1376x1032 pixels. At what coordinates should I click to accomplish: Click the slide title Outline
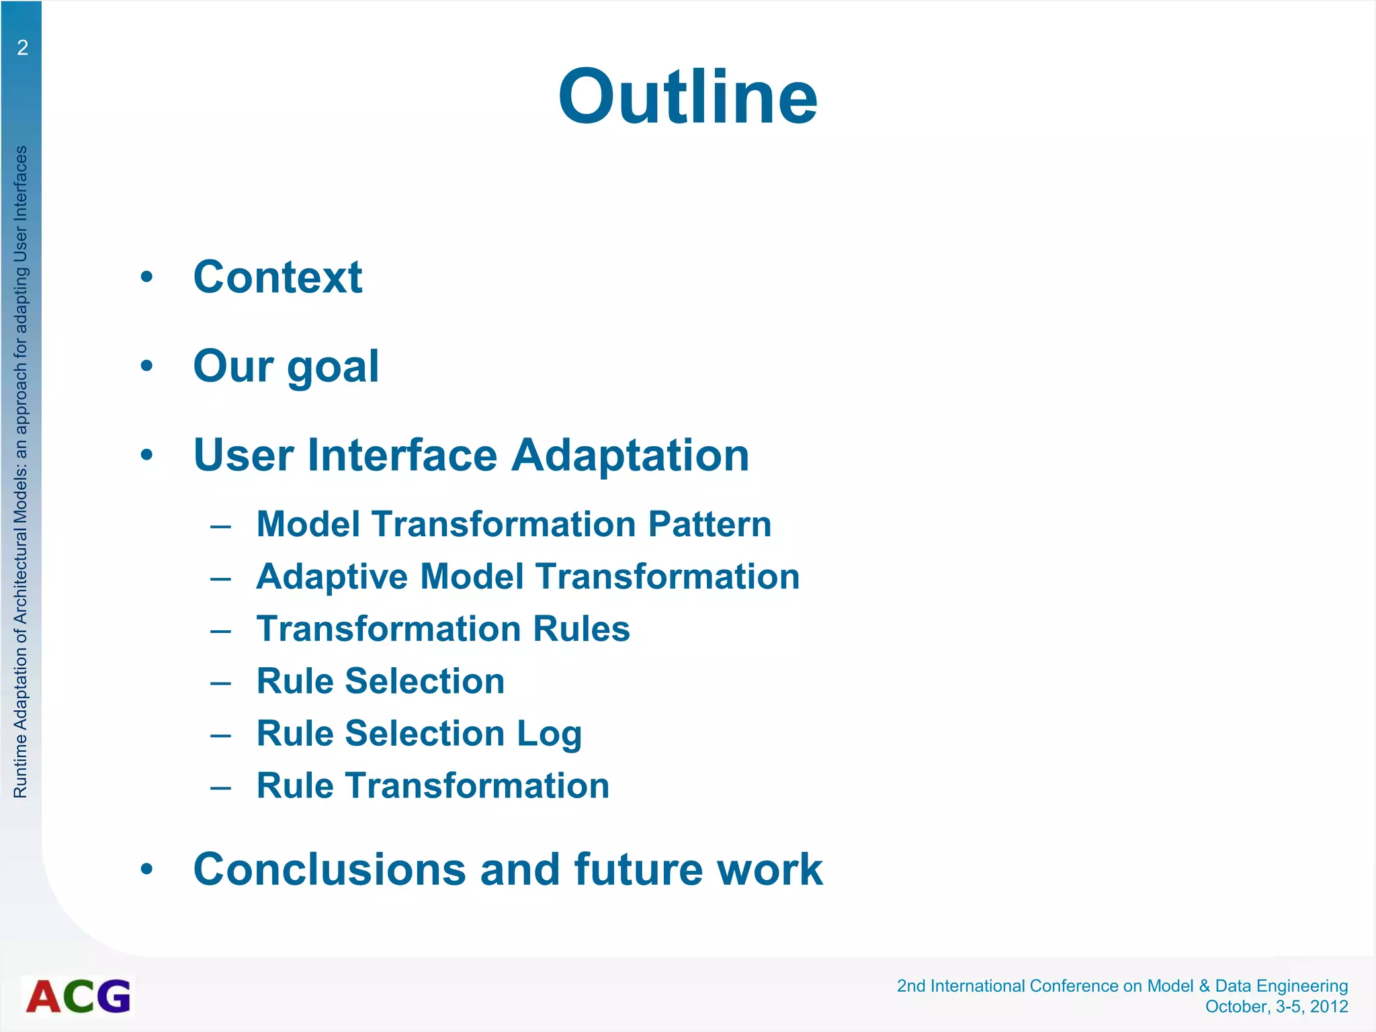coord(687,97)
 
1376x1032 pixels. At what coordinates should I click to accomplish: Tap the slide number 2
coord(22,48)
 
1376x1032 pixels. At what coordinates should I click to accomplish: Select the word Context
coord(277,277)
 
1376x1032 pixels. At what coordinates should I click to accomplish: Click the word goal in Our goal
coord(333,368)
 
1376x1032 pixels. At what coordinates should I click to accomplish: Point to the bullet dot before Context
coord(147,277)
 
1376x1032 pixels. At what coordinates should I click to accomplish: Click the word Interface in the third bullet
coord(402,456)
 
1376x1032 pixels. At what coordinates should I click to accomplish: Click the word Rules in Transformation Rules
coord(581,629)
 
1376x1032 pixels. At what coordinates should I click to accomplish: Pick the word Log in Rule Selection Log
coord(548,734)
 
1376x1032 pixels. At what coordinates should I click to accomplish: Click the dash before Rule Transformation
coord(220,787)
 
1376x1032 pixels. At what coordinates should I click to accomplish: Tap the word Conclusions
coord(329,869)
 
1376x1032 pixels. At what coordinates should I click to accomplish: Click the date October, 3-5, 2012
coord(1276,1006)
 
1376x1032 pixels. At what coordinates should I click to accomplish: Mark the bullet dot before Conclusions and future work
coord(147,869)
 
